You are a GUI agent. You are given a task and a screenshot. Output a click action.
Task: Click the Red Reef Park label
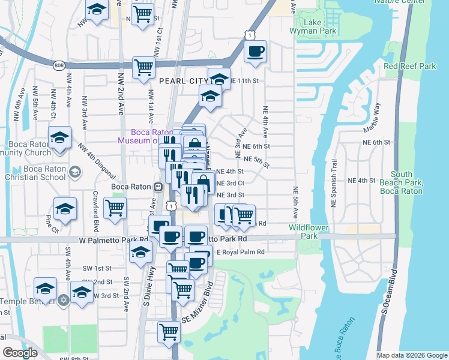tap(410, 67)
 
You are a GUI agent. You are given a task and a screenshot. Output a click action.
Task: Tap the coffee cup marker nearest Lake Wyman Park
tap(256, 52)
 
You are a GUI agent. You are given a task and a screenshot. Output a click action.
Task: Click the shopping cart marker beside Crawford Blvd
tap(115, 208)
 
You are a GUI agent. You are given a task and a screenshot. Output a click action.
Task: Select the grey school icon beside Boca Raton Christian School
tap(74, 173)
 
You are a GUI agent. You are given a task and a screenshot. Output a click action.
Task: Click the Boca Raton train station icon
tap(158, 187)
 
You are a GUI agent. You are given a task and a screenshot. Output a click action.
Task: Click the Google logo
tap(20, 353)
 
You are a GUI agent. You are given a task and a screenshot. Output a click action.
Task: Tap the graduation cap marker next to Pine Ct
tap(65, 209)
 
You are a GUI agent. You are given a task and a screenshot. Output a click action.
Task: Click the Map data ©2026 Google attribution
tap(412, 355)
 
